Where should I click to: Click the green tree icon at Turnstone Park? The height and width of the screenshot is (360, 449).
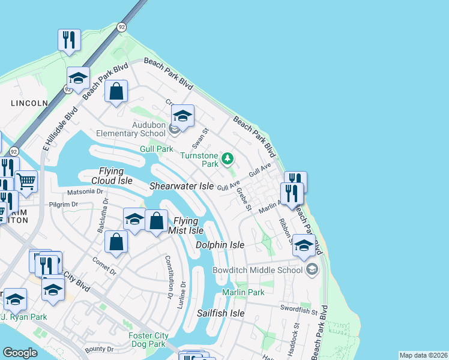(227, 159)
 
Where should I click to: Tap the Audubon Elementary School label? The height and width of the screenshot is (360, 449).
(140, 129)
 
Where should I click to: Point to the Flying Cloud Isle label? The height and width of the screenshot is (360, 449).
(112, 176)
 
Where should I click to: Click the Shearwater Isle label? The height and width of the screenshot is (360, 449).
(181, 187)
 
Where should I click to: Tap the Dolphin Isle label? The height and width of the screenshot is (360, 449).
(220, 245)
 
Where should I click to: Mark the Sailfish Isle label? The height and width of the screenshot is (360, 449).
(221, 313)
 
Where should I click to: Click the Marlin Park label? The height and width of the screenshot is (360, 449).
(243, 292)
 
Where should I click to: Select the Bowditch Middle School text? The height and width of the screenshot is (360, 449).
(258, 270)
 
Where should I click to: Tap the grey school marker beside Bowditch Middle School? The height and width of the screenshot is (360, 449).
(311, 269)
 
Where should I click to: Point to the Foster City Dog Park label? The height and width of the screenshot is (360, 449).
(147, 340)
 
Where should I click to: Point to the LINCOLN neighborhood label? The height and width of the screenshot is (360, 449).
(29, 103)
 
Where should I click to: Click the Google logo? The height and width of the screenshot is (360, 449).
(20, 353)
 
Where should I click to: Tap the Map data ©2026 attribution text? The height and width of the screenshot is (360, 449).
(423, 355)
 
